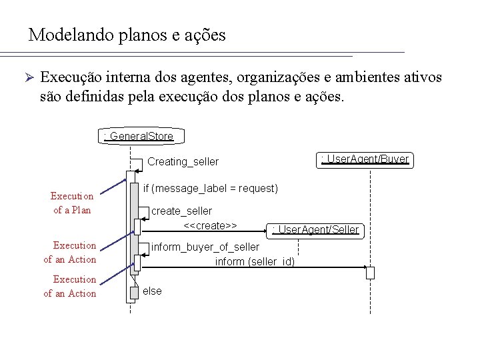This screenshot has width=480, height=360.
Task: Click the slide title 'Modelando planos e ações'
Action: click(x=127, y=35)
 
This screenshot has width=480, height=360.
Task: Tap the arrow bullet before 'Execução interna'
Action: click(x=28, y=77)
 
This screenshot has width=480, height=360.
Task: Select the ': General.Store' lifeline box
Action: click(x=139, y=137)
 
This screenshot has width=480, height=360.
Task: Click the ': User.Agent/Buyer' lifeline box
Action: click(x=365, y=159)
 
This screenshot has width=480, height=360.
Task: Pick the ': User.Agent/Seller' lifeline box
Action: click(x=316, y=230)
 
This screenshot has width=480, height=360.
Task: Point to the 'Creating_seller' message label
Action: click(x=183, y=162)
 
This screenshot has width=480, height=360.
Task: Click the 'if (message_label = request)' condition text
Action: click(x=211, y=189)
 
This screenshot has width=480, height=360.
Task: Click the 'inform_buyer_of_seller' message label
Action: click(x=205, y=247)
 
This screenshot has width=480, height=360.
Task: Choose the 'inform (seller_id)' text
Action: click(x=255, y=261)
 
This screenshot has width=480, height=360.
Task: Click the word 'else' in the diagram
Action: click(x=153, y=291)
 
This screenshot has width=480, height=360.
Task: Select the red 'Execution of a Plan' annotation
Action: click(x=72, y=203)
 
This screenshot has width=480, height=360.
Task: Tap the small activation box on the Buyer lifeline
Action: click(x=370, y=272)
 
